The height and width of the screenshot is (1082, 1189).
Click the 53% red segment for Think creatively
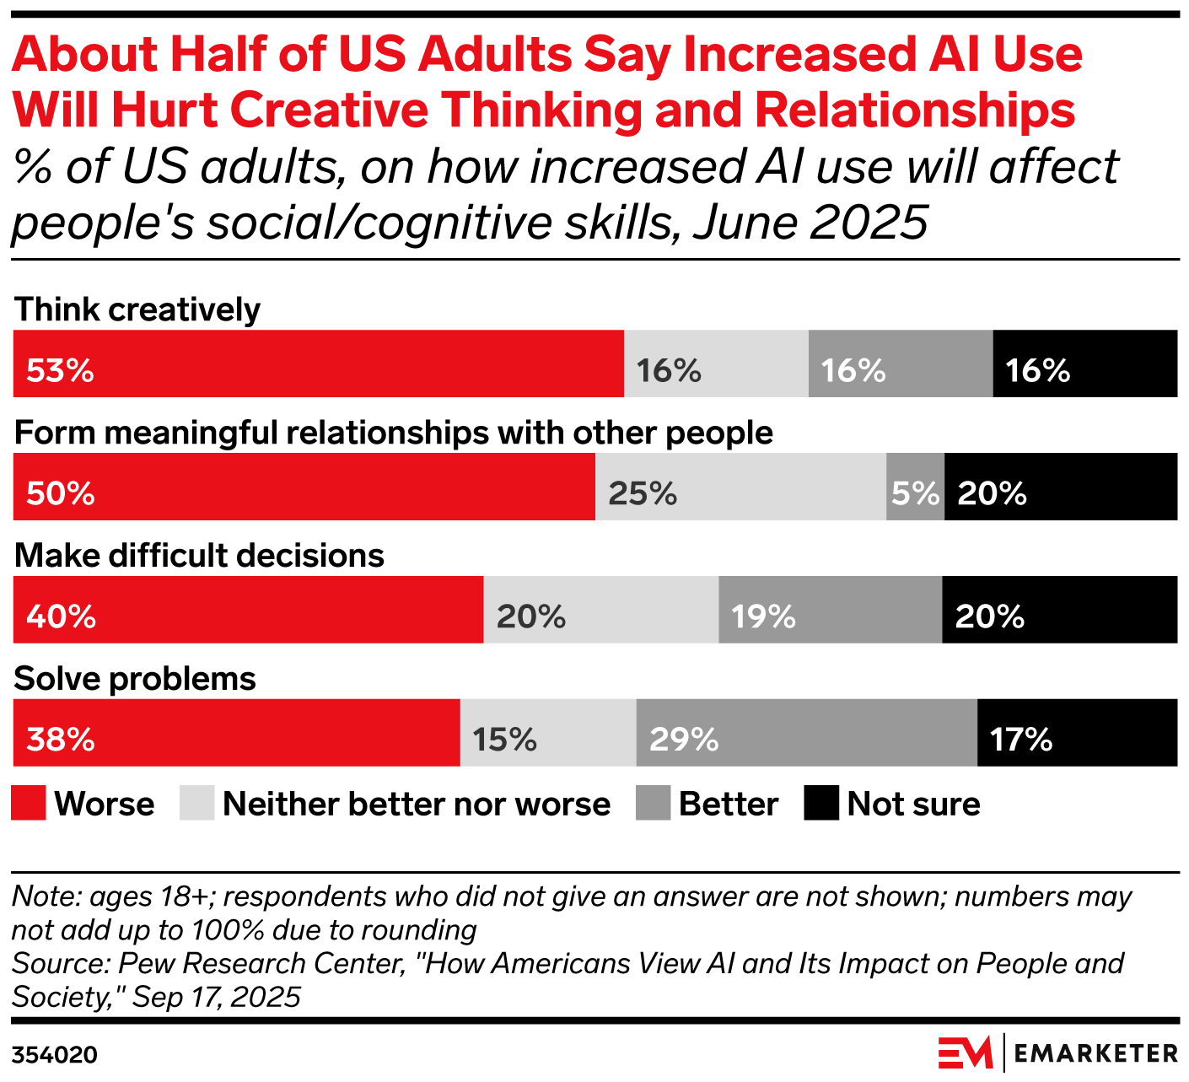click(x=318, y=363)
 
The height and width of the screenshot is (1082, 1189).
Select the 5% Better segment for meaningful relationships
click(x=915, y=487)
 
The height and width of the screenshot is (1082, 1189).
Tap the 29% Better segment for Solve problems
click(x=806, y=733)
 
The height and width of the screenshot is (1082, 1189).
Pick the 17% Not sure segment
click(x=1077, y=733)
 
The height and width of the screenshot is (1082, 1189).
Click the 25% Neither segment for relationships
click(x=740, y=487)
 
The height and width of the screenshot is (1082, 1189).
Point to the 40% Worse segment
click(x=248, y=610)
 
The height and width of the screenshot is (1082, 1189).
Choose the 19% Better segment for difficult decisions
click(x=830, y=610)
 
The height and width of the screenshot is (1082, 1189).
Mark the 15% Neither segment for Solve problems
click(x=548, y=733)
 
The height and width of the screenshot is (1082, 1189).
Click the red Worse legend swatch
click(x=29, y=803)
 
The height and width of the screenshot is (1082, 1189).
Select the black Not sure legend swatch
click(x=821, y=803)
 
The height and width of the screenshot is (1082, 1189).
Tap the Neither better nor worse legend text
click(x=417, y=805)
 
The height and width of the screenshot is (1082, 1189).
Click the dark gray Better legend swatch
click(x=653, y=803)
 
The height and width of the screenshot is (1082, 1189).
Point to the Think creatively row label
click(x=137, y=310)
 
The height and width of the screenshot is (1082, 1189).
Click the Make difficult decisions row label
click(x=199, y=556)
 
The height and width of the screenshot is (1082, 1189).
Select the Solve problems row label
click(x=135, y=679)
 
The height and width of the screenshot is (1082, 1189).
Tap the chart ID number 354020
click(x=55, y=1055)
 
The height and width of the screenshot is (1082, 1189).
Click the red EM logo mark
click(x=966, y=1053)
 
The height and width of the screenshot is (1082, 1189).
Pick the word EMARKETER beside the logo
click(x=1095, y=1053)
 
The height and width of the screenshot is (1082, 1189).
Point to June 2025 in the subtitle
click(x=810, y=223)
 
